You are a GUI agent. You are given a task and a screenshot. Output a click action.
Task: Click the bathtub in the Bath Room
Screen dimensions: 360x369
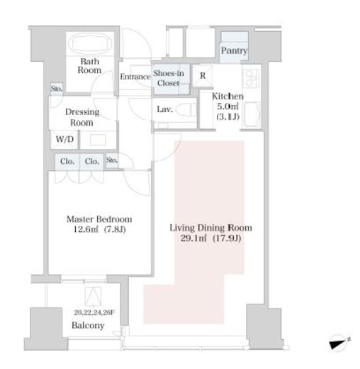click(90, 44)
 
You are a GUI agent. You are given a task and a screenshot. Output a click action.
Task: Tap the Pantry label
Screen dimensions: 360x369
click(234, 50)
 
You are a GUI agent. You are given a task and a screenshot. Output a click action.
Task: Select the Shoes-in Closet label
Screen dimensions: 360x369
click(169, 78)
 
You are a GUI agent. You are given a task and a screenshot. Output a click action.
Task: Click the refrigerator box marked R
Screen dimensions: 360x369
click(203, 76)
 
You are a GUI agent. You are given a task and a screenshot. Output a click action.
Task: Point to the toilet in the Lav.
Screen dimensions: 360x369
click(186, 110)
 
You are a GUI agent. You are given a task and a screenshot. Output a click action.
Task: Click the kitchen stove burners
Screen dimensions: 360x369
click(251, 77)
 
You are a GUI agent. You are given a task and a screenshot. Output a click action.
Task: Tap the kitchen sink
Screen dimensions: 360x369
click(252, 114)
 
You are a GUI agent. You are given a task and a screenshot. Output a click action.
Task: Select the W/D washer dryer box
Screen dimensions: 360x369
click(64, 139)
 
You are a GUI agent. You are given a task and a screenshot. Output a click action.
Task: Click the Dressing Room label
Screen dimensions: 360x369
click(82, 117)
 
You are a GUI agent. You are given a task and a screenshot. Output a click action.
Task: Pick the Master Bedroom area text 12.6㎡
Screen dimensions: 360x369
click(86, 229)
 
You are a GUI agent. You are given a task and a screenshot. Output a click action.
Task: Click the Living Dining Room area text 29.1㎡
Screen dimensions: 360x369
click(193, 238)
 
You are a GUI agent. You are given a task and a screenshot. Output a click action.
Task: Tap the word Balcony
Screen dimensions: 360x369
click(88, 326)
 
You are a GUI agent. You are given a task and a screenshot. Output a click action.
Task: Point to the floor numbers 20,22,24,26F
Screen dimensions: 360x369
click(94, 312)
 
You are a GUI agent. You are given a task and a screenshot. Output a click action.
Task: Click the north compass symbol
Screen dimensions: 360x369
click(339, 342)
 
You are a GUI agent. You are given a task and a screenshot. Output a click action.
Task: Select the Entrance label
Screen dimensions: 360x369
click(135, 77)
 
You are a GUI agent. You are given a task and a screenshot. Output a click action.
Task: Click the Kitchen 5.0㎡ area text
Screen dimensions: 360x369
click(227, 106)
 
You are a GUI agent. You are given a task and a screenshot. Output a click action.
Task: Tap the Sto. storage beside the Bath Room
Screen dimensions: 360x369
click(57, 89)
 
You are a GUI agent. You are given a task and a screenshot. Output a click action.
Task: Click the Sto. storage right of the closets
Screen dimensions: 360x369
click(112, 160)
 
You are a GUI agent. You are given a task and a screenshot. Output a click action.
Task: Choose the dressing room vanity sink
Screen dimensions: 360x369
click(98, 140)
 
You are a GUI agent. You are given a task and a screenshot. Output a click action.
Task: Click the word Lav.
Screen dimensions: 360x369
click(164, 109)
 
